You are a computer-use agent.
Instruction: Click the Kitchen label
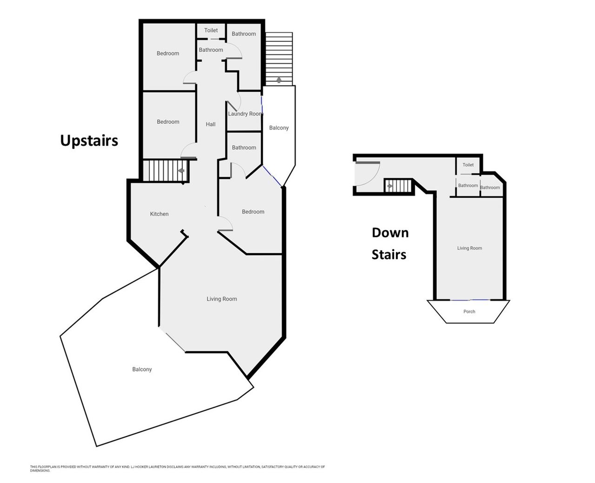[x=159, y=214]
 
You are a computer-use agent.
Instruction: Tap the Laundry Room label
[x=245, y=114]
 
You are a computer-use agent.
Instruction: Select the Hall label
[x=211, y=124]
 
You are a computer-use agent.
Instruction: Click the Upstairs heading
[x=89, y=141]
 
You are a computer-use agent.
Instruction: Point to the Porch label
[x=469, y=312]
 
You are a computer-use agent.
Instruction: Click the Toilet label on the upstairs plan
[x=211, y=30]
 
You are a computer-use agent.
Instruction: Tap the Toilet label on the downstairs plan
[x=468, y=165]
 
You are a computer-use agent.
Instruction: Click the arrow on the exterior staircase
[x=278, y=80]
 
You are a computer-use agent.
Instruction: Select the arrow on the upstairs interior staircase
[x=181, y=171]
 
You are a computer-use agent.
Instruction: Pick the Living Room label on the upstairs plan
[x=222, y=299]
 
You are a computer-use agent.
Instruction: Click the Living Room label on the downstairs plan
[x=469, y=248]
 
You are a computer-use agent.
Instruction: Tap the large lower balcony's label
[x=142, y=369]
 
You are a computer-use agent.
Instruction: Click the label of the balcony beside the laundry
[x=279, y=128]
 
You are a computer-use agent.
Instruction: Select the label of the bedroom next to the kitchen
[x=253, y=212]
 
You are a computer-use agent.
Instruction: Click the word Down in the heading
[x=390, y=233]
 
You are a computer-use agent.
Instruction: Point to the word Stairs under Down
[x=389, y=255]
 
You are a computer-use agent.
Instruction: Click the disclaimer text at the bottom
[x=178, y=469]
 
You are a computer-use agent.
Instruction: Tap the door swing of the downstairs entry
[x=374, y=178]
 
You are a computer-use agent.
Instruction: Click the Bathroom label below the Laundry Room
[x=244, y=148]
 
